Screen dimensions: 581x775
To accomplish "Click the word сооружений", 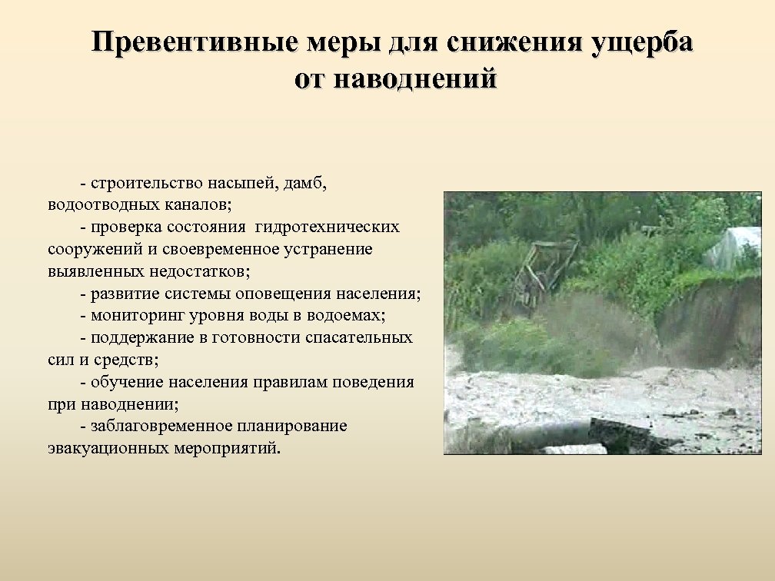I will (89, 250).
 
